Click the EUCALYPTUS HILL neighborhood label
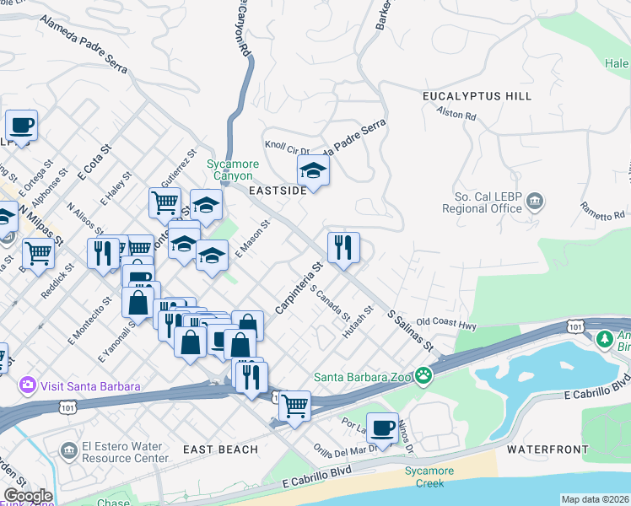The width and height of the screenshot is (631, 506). point(477,96)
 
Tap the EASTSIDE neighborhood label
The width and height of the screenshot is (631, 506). point(278,191)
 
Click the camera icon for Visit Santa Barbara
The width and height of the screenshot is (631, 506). point(28,385)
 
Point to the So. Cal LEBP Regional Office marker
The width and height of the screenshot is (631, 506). point(534,202)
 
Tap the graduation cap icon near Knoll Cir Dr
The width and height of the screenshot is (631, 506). point(313,171)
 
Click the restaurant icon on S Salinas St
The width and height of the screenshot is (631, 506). point(343,248)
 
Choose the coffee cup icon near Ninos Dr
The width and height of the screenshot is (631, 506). point(382,428)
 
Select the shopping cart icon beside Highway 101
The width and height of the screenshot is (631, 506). point(294,406)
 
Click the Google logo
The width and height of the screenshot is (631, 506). point(28,496)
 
